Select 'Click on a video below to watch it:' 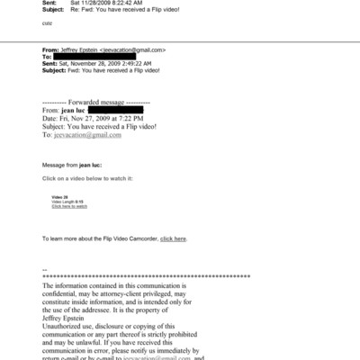point(88,179)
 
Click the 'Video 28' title point(60,196)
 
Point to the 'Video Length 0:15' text point(67,201)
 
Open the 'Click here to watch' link point(69,206)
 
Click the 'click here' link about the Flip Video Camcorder point(173,238)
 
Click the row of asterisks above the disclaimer point(146,276)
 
